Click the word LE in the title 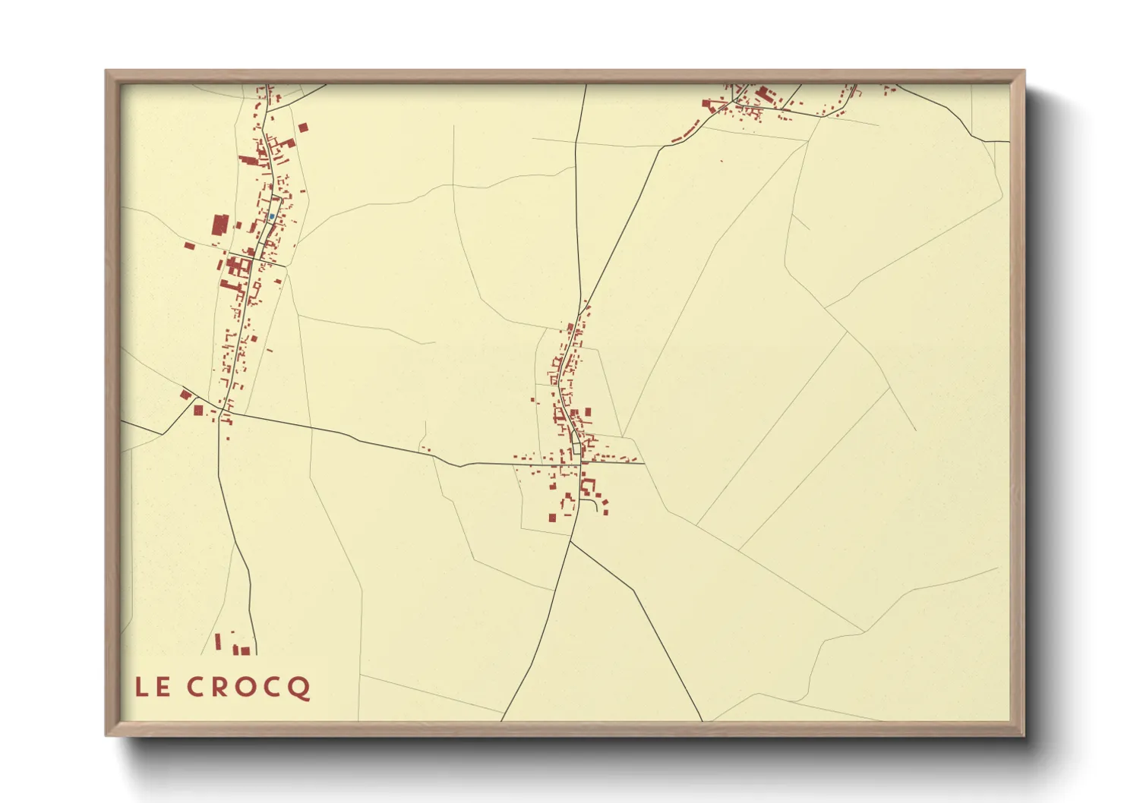(152, 687)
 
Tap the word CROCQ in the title (248, 688)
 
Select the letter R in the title (216, 687)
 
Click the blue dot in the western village (271, 216)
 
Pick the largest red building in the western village (220, 226)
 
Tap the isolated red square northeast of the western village (304, 128)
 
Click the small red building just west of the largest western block (189, 245)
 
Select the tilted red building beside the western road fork (185, 394)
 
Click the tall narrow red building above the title (218, 641)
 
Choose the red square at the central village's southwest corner (552, 518)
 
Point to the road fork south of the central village (570, 541)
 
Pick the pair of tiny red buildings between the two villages (425, 449)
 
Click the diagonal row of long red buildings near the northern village (686, 134)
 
